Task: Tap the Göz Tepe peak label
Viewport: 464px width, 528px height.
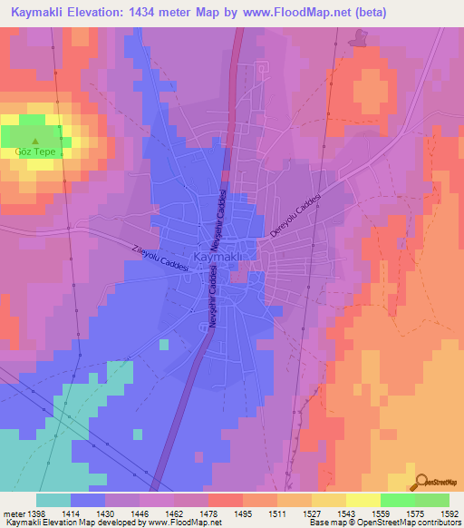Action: [35, 152]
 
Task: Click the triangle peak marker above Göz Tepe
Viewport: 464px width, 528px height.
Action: [35, 141]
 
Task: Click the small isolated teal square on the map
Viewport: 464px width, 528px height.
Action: [163, 345]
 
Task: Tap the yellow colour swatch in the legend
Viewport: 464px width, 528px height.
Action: [362, 500]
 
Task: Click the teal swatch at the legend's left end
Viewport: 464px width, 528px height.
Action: [53, 500]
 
